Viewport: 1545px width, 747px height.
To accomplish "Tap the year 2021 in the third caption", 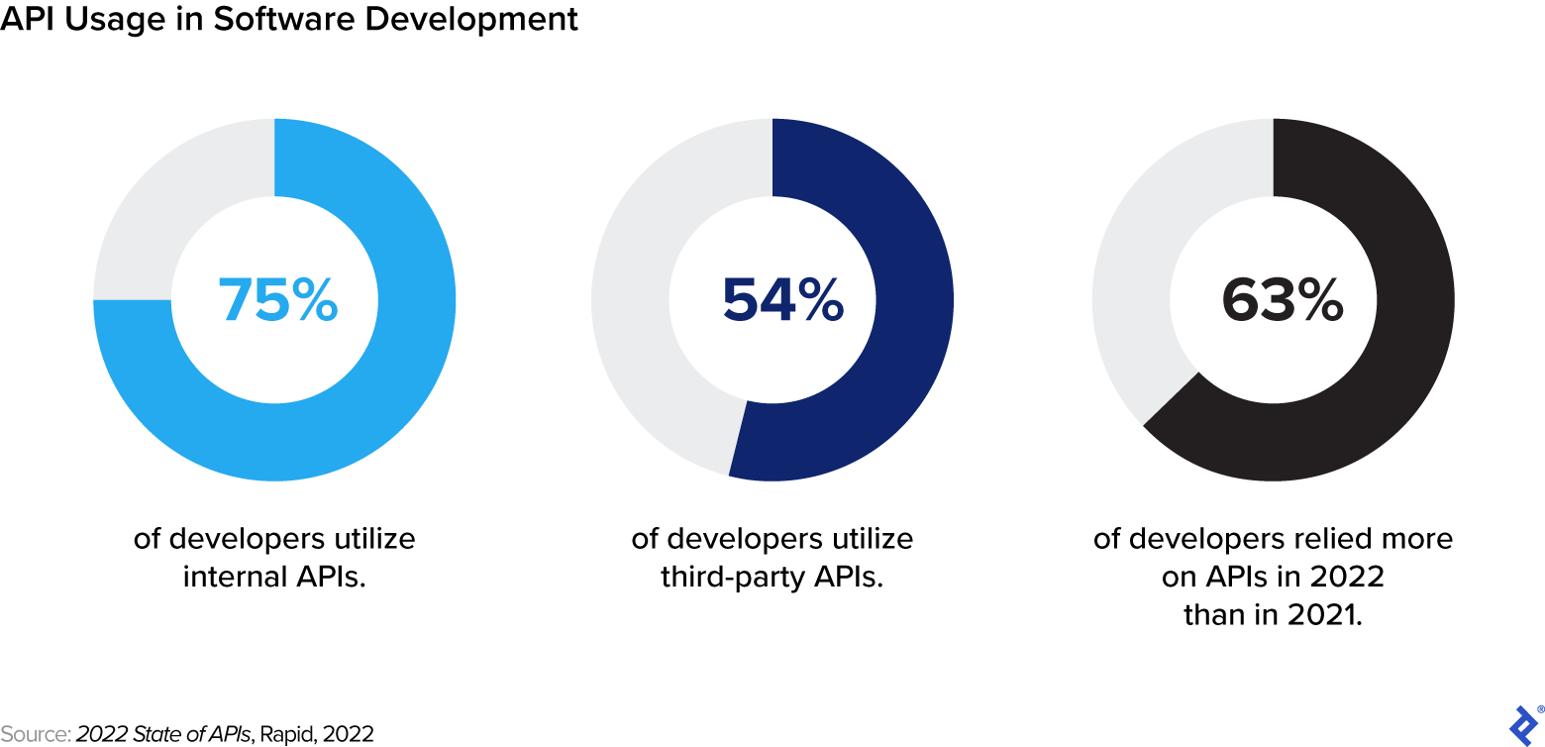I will point(1321,614).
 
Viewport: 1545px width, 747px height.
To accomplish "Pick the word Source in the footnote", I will point(34,734).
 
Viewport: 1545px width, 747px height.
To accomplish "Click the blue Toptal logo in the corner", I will point(1523,726).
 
